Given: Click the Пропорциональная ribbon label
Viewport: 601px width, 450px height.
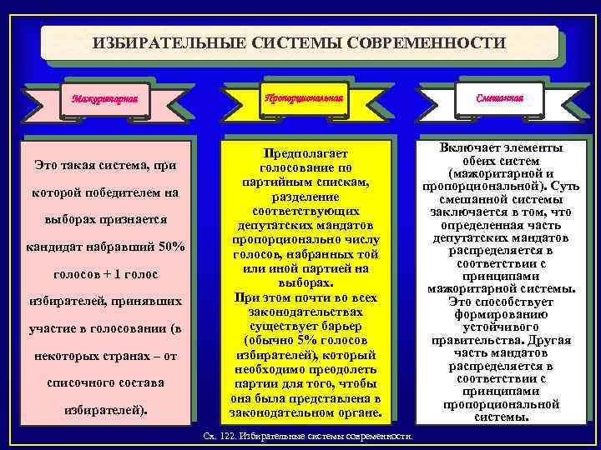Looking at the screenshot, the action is point(302,97).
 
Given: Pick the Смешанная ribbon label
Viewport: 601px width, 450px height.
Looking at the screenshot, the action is point(500,97).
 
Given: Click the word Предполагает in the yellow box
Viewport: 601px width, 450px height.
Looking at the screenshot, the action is point(302,154).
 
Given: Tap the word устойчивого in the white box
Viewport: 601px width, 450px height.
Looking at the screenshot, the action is point(501,327).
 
